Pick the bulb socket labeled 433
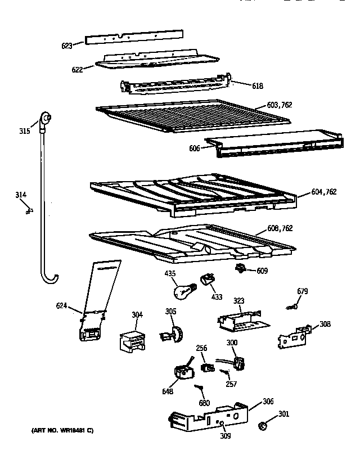click(208, 279)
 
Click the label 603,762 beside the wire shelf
click(279, 105)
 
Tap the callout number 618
click(258, 86)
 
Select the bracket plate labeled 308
click(294, 336)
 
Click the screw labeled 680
click(199, 388)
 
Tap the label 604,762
click(323, 192)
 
